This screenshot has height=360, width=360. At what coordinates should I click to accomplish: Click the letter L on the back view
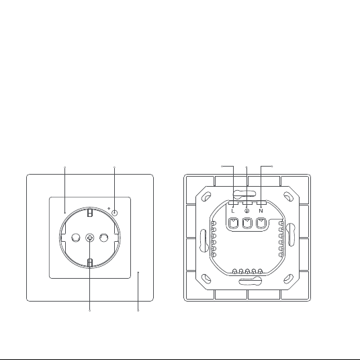point(233,211)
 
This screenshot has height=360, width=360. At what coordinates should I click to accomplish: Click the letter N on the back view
point(261,211)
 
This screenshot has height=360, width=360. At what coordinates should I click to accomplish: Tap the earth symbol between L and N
point(246,210)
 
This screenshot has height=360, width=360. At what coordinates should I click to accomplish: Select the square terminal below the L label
point(234,223)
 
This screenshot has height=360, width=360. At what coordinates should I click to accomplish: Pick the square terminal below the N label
point(261,223)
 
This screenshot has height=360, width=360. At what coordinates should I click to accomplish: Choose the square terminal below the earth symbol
point(247,223)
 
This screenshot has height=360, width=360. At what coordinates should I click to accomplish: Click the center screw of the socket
point(90,238)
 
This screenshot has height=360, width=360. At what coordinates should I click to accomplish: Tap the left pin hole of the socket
point(76,238)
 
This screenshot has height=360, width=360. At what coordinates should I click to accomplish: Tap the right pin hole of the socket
point(104,238)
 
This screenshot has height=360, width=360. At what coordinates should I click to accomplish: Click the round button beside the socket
point(115,213)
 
